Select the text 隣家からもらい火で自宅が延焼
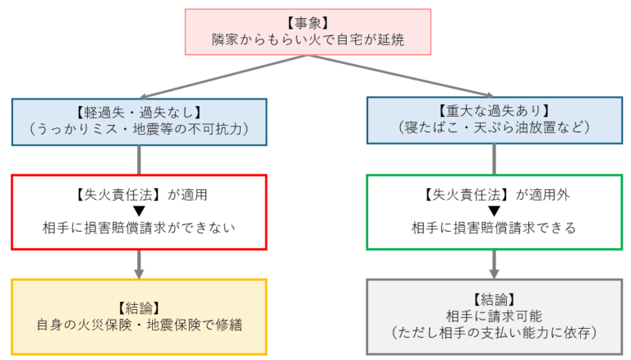[308, 39]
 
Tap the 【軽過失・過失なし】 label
[139, 111]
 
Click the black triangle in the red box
[138, 211]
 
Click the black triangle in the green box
[494, 211]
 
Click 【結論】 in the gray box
[494, 299]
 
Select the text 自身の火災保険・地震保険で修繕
[139, 322]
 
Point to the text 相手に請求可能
[494, 316]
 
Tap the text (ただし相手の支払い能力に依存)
[494, 333]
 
